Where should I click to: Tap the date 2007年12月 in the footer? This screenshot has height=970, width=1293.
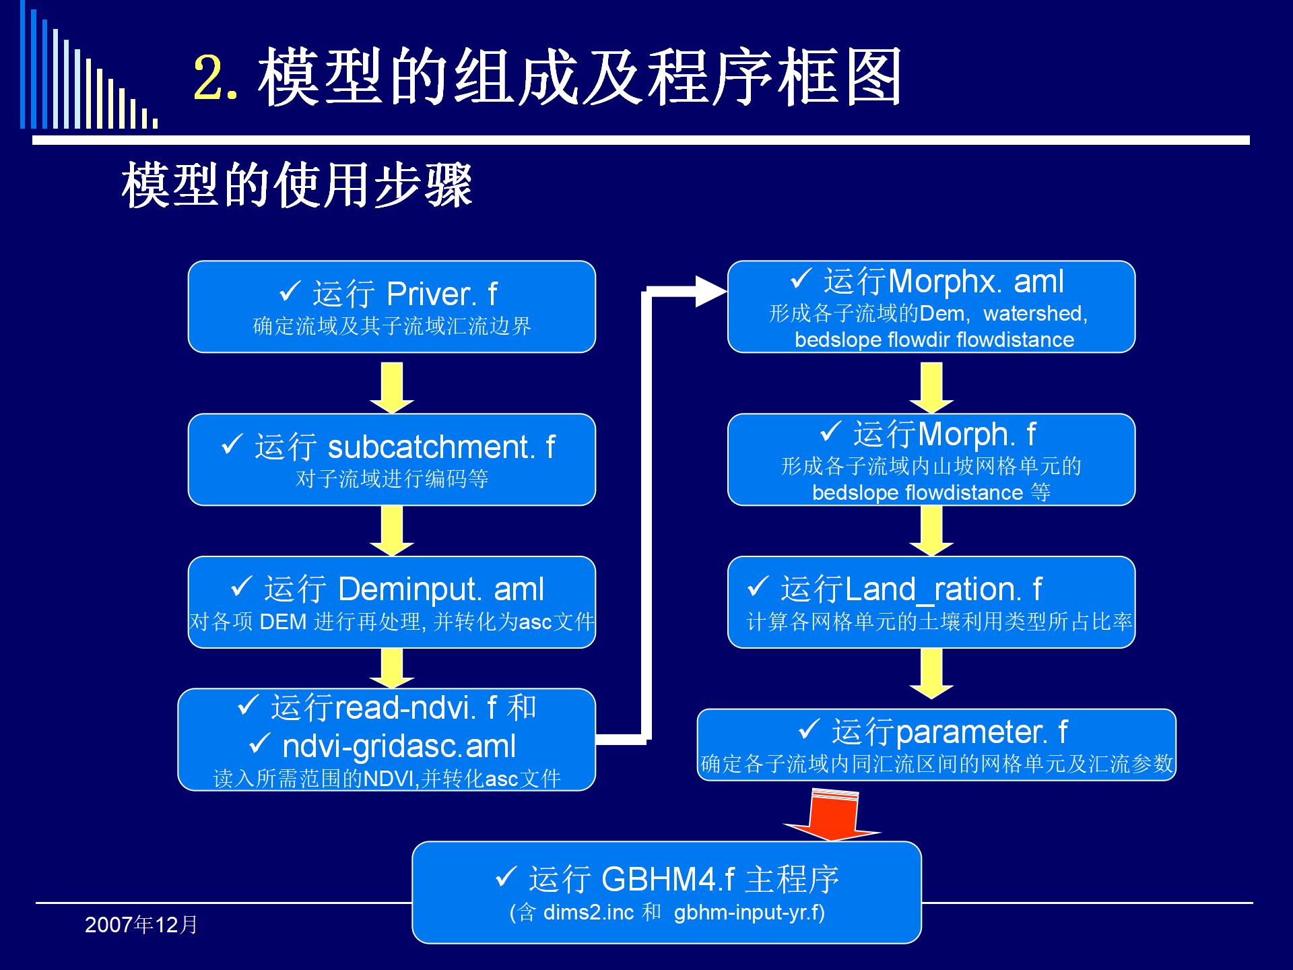[141, 925]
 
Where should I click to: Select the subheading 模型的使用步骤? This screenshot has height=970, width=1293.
[297, 185]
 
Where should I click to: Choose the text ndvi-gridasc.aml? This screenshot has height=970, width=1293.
[399, 746]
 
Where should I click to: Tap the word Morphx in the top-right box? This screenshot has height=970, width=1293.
[942, 282]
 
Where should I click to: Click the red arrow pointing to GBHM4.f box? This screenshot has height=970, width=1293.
[833, 816]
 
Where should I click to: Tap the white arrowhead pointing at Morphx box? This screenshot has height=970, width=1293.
[711, 291]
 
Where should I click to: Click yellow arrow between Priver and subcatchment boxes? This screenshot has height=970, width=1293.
[392, 388]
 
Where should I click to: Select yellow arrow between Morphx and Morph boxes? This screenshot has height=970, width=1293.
[931, 388]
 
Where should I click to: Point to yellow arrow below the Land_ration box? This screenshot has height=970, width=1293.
[931, 674]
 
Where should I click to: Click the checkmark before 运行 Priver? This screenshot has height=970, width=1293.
[290, 292]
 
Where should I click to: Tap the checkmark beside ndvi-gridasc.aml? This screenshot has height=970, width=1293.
[260, 743]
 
